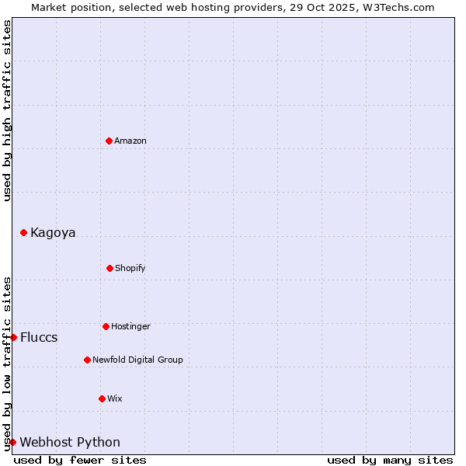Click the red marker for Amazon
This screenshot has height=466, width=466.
point(109,141)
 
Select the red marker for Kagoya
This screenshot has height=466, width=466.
point(23,232)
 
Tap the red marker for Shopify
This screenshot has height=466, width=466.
point(110,268)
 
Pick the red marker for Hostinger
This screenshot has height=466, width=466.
point(106,326)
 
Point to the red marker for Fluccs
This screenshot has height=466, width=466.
point(13,337)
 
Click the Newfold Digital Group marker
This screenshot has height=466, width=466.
point(87,360)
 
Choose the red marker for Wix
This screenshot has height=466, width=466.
point(102,398)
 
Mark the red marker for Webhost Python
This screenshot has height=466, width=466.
point(12,442)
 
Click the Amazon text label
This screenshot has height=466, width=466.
point(130,141)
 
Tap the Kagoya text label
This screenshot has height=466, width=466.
point(53,232)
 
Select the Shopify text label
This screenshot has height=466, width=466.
point(130,268)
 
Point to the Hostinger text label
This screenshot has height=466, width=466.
point(130,326)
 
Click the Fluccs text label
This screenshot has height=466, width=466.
point(39,337)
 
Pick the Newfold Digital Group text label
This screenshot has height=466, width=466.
point(137,360)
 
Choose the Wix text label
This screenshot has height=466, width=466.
point(115,398)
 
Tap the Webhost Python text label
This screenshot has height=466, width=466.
point(70,442)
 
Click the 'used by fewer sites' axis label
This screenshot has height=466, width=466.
point(80,460)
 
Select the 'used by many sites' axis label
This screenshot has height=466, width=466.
point(390,460)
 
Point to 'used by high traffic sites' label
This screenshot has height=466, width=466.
point(7,111)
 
